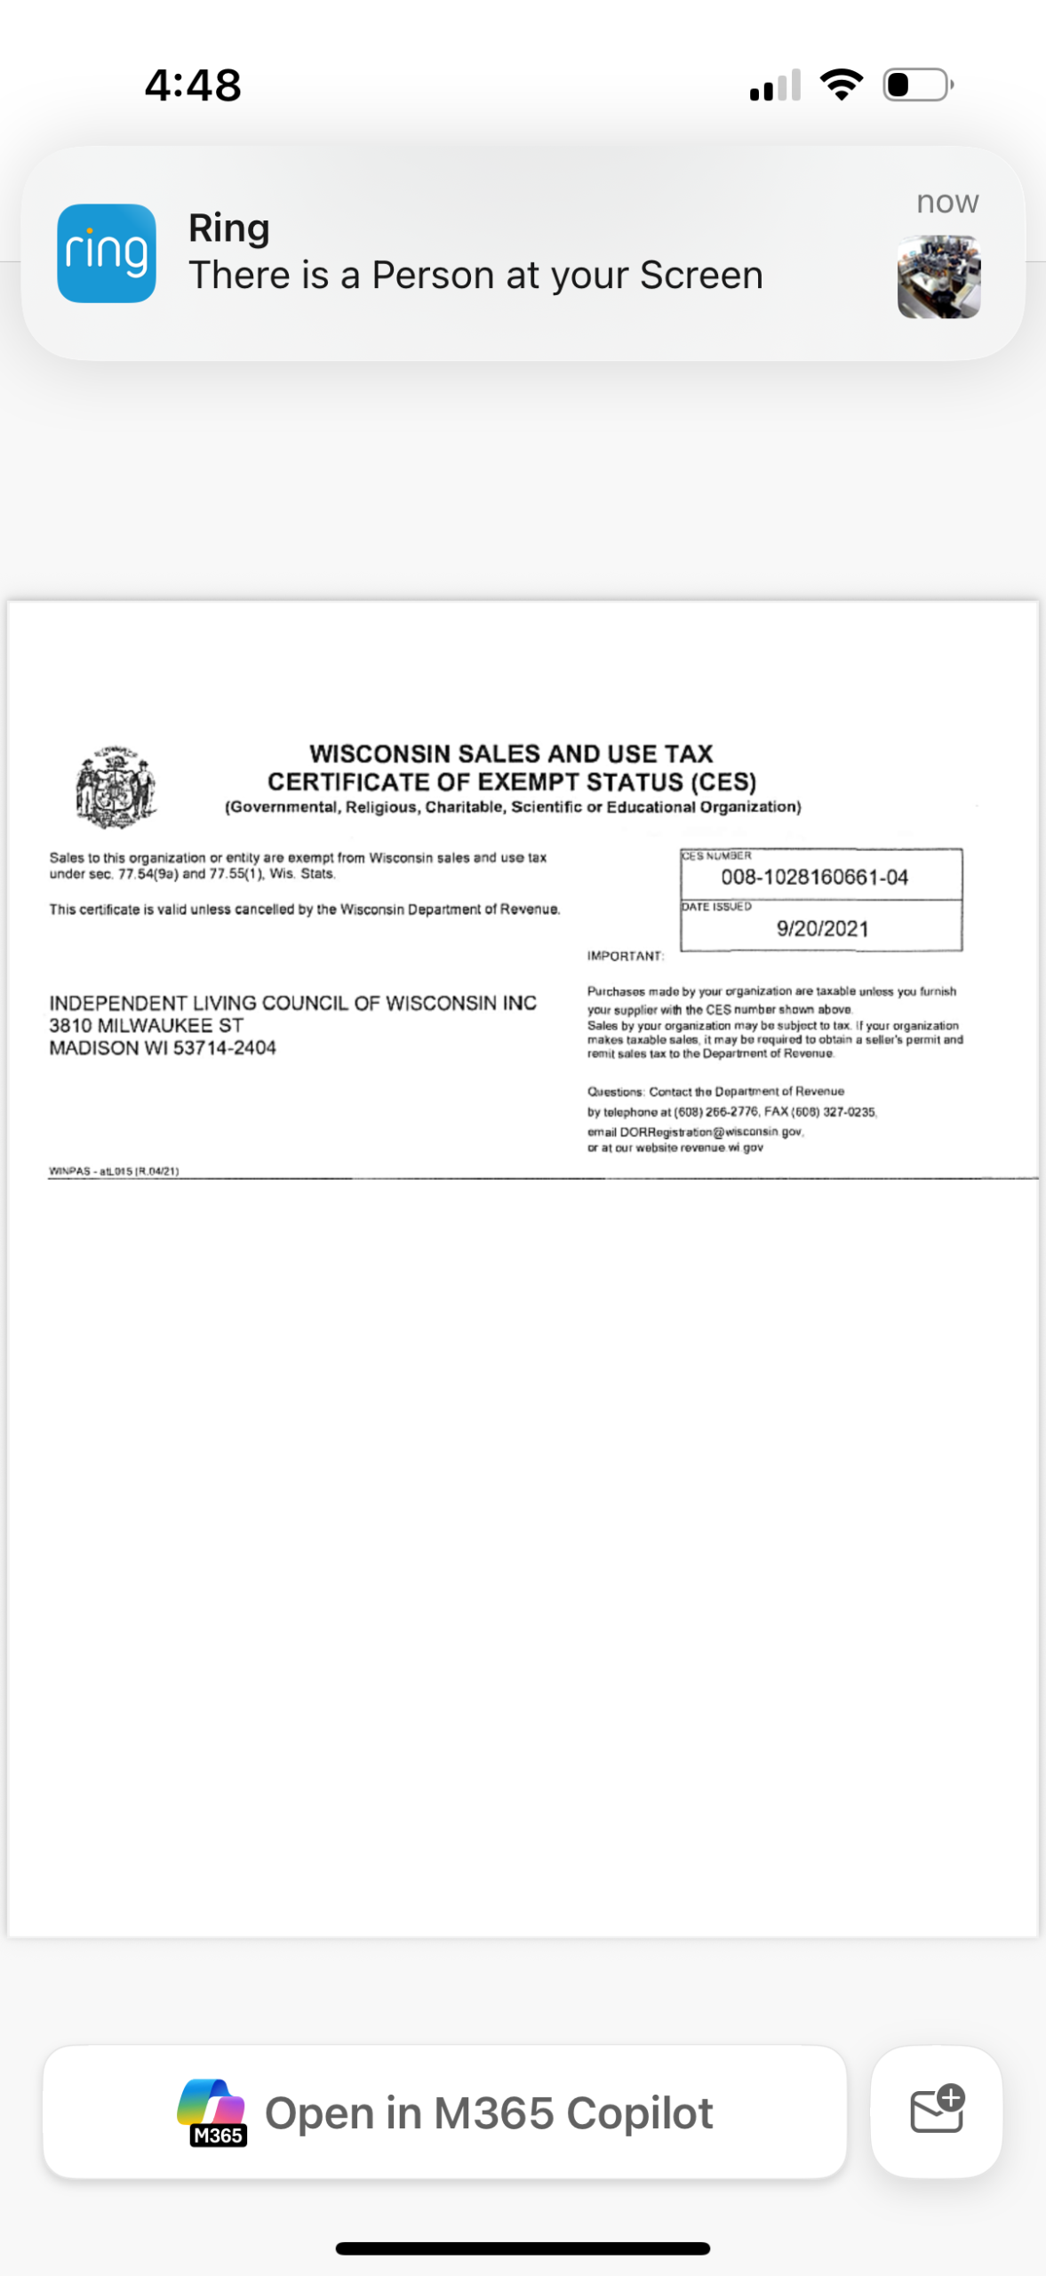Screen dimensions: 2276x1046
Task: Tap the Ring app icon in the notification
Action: click(x=107, y=253)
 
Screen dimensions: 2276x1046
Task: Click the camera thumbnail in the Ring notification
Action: click(x=938, y=276)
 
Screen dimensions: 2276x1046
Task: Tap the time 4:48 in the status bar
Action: click(x=193, y=85)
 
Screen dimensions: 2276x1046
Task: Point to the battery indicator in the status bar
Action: click(x=917, y=85)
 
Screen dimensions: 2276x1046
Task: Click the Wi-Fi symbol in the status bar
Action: click(x=841, y=85)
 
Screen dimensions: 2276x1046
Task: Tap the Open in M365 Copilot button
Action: click(x=444, y=2112)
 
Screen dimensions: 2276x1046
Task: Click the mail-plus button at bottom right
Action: click(x=937, y=2111)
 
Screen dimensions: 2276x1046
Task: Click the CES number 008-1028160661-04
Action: click(x=814, y=878)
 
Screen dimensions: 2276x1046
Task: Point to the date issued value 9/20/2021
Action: click(x=822, y=929)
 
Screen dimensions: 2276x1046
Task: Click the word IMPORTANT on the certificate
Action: click(x=625, y=957)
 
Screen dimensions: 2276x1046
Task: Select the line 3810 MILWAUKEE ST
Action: click(x=146, y=1025)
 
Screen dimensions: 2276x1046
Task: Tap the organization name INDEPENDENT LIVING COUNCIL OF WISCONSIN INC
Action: click(x=292, y=1003)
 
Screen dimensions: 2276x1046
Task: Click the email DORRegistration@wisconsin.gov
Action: click(x=711, y=1132)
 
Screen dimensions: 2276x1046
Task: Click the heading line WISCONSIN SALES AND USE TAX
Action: click(x=511, y=754)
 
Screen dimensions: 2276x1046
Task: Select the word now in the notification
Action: click(x=947, y=202)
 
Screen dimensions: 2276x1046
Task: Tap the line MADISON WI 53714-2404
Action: click(x=163, y=1048)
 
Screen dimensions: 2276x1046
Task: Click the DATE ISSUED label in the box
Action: click(x=716, y=907)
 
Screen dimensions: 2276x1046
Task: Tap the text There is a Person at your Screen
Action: click(x=475, y=276)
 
